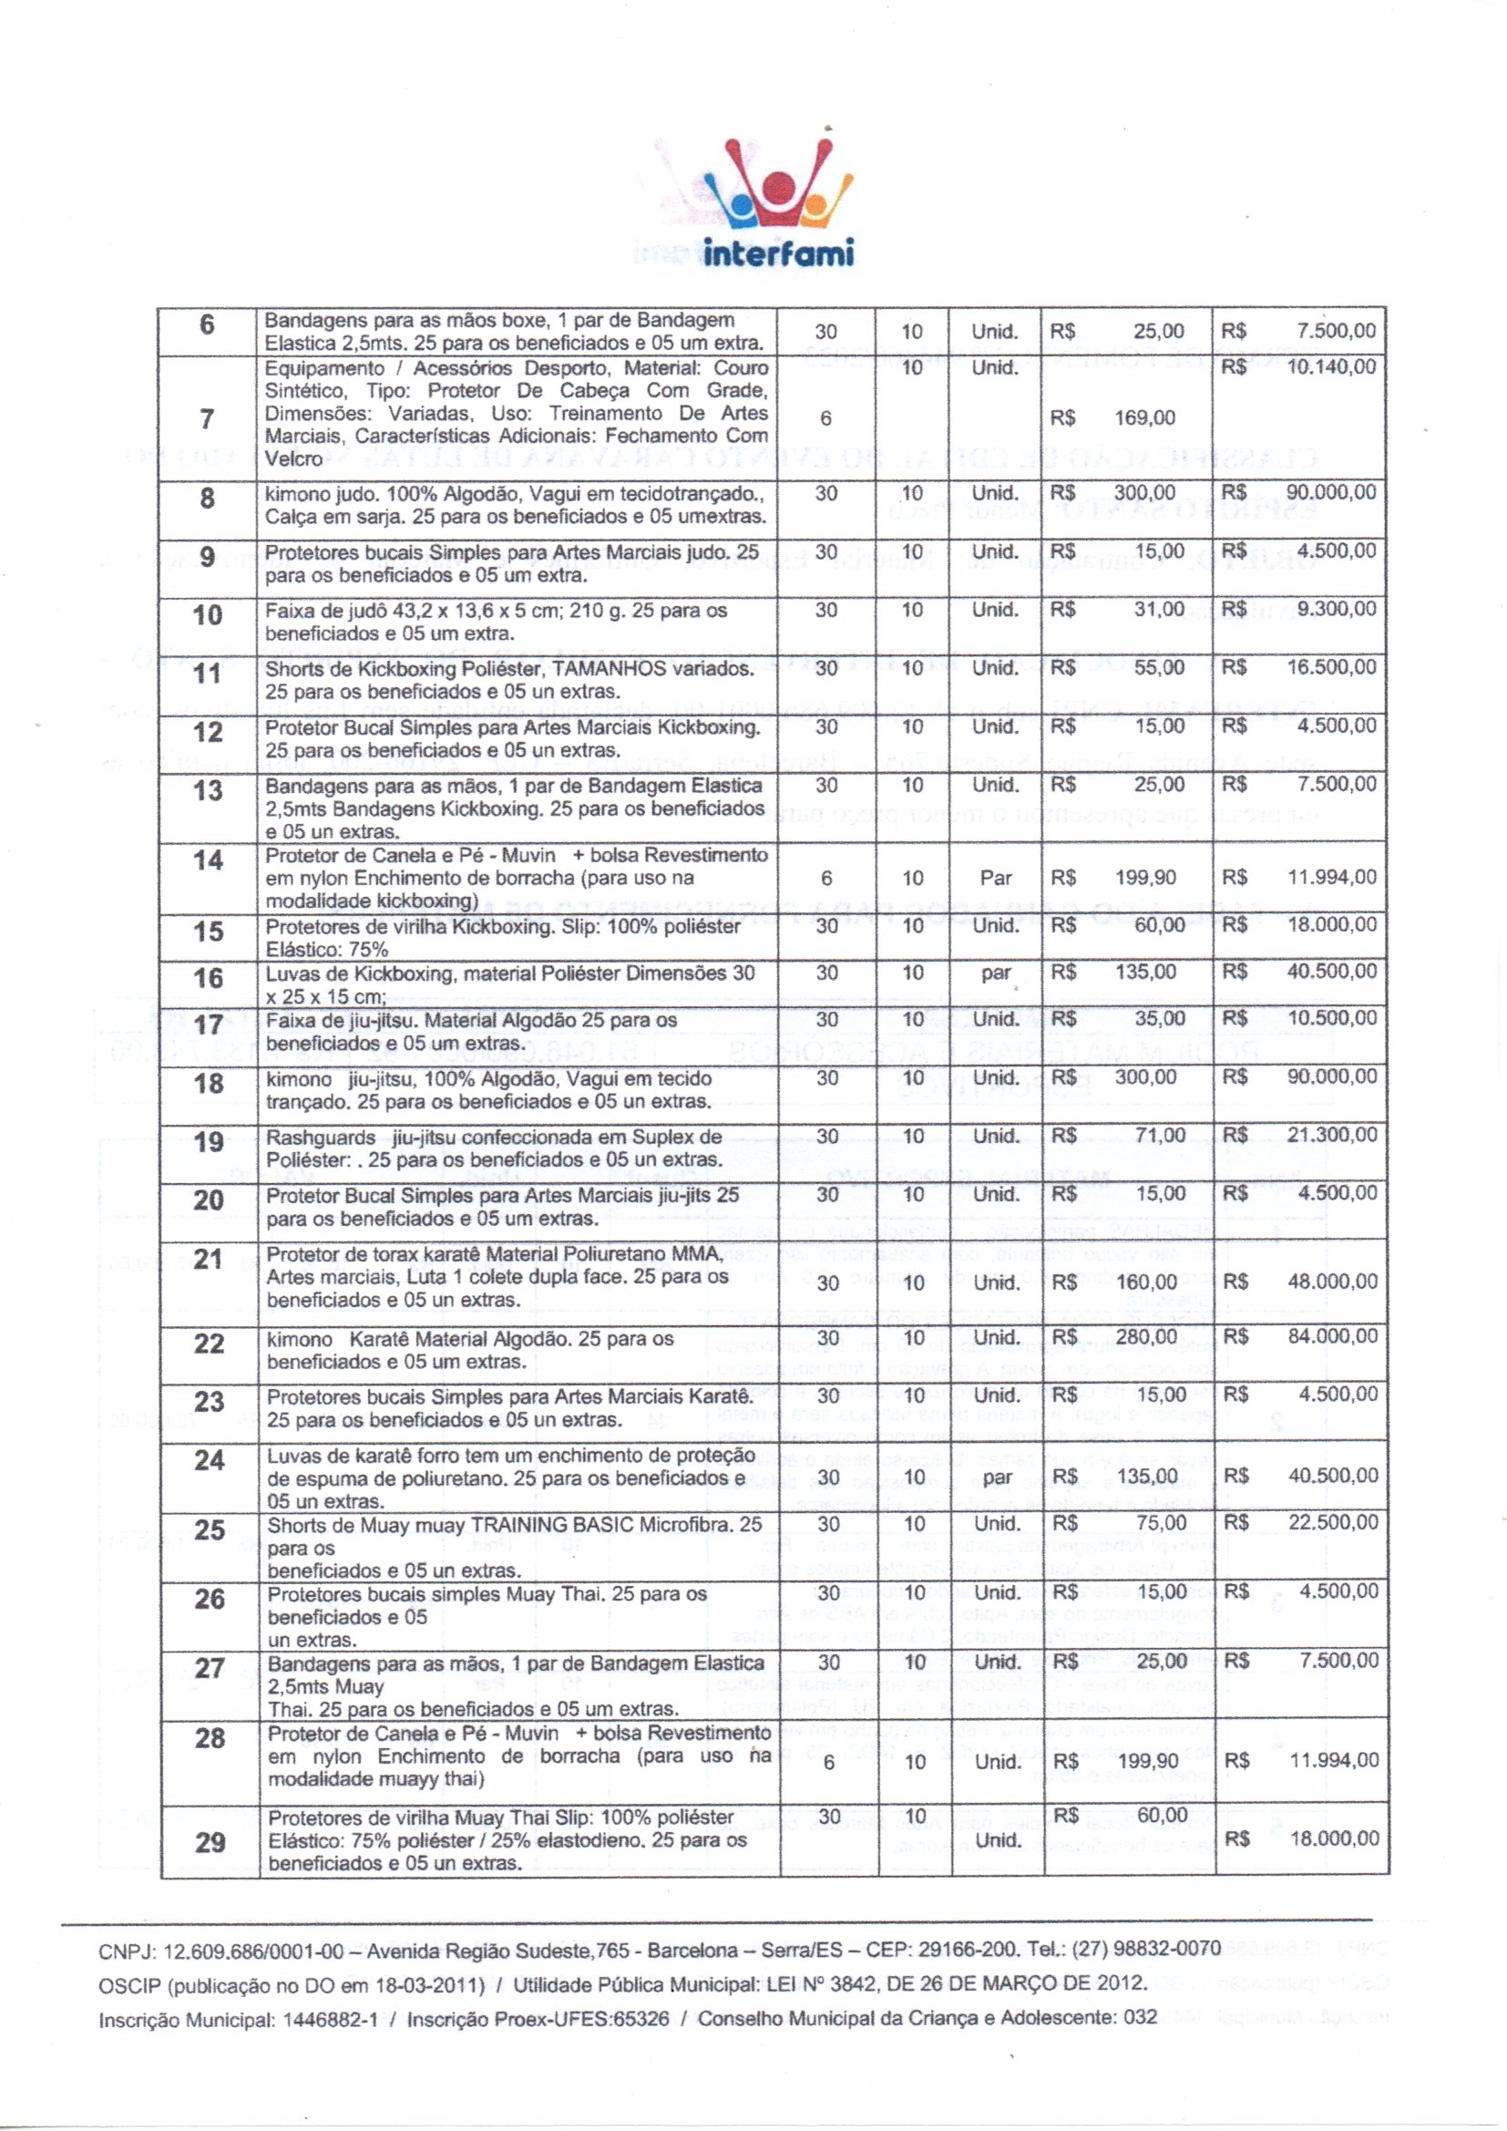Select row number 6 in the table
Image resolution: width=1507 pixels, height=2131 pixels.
click(207, 324)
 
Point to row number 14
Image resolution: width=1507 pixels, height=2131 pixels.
click(208, 860)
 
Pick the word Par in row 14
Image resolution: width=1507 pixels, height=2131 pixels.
click(995, 878)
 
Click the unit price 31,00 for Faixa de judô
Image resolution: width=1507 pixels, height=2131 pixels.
click(1159, 610)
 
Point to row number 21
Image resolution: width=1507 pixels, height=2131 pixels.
click(209, 1260)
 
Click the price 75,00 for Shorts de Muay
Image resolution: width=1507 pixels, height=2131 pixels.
click(1161, 1524)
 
